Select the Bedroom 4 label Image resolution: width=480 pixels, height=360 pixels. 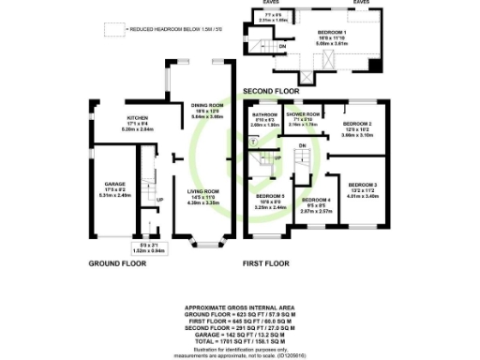(317, 201)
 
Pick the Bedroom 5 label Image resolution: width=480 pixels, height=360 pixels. (270, 195)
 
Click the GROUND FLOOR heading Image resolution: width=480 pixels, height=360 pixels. (114, 263)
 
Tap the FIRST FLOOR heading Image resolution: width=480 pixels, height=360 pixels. (263, 263)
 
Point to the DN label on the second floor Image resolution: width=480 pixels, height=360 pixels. (282, 45)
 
